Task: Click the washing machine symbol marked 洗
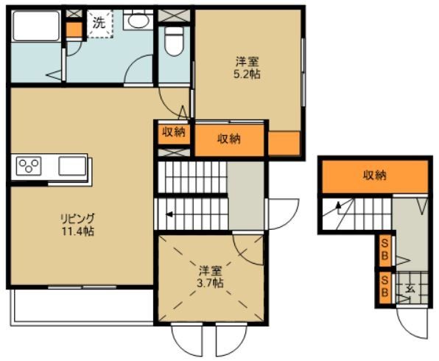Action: tap(99, 23)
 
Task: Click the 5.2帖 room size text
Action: tap(247, 74)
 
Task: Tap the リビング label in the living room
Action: tap(77, 219)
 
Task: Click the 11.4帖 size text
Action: tap(77, 231)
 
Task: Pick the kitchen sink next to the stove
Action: tap(71, 166)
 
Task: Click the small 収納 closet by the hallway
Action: tap(173, 133)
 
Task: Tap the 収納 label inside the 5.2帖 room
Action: tap(229, 139)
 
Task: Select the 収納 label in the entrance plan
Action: tap(374, 175)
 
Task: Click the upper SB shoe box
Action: tap(384, 250)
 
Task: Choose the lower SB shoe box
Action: tap(384, 287)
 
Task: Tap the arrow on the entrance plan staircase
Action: tap(339, 206)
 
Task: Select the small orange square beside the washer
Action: tap(73, 30)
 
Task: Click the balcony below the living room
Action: tap(81, 305)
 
